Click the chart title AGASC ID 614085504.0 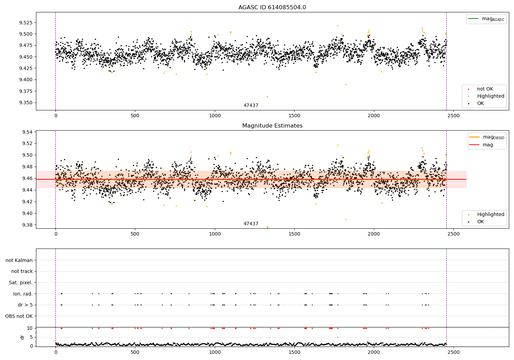click(x=272, y=8)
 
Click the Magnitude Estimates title click(x=272, y=126)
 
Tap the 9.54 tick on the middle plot click(x=27, y=132)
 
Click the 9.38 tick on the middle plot click(x=27, y=225)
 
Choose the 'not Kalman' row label click(x=19, y=260)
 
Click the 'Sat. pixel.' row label click(x=21, y=283)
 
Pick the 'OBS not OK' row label click(x=19, y=316)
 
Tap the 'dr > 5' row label click(x=25, y=305)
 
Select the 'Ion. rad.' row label click(x=23, y=294)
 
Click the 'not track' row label click(x=22, y=271)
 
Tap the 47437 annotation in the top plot click(x=251, y=106)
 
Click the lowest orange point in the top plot click(x=267, y=96)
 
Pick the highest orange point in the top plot click(x=338, y=26)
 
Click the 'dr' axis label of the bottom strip click(x=22, y=337)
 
